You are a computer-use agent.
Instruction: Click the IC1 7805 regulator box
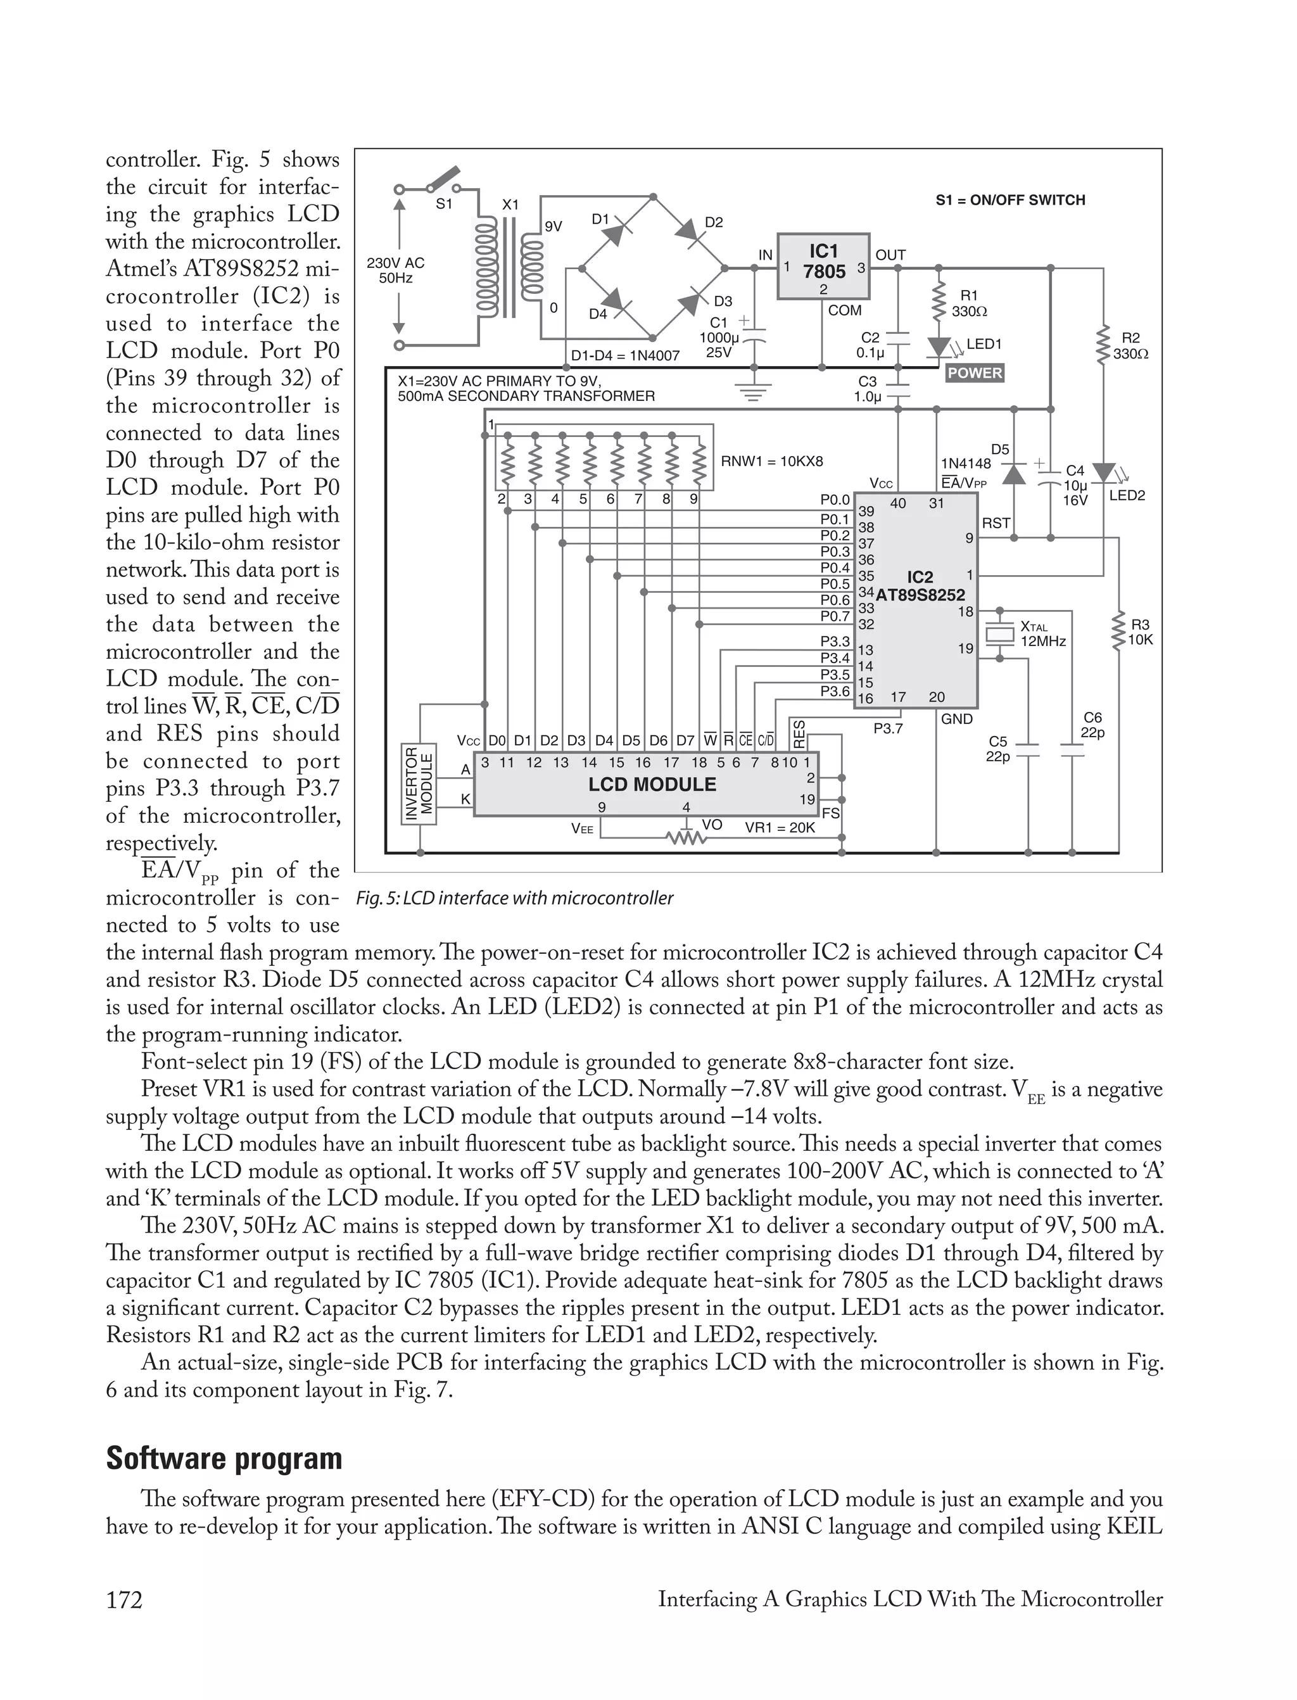pyautogui.click(x=823, y=265)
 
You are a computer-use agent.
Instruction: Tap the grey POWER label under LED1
pyautogui.click(x=974, y=373)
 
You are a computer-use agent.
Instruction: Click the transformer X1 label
pyautogui.click(x=510, y=205)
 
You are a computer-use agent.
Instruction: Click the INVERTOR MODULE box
pyautogui.click(x=419, y=784)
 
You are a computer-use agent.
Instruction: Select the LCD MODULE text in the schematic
pyautogui.click(x=652, y=784)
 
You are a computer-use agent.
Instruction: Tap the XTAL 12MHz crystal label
pyautogui.click(x=1042, y=634)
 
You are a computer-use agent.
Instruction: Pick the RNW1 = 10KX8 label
pyautogui.click(x=772, y=462)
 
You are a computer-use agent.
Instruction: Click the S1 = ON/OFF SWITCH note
pyautogui.click(x=1010, y=200)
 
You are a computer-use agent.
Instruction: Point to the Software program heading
pyautogui.click(x=224, y=1458)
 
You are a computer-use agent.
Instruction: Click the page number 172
pyautogui.click(x=124, y=1600)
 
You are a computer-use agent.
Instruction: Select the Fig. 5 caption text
pyautogui.click(x=515, y=898)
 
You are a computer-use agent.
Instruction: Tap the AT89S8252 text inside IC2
pyautogui.click(x=920, y=595)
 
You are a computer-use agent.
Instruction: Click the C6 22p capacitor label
pyautogui.click(x=1092, y=725)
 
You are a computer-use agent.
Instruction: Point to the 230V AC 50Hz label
pyautogui.click(x=395, y=270)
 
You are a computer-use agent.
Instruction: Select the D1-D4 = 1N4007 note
pyautogui.click(x=624, y=356)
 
